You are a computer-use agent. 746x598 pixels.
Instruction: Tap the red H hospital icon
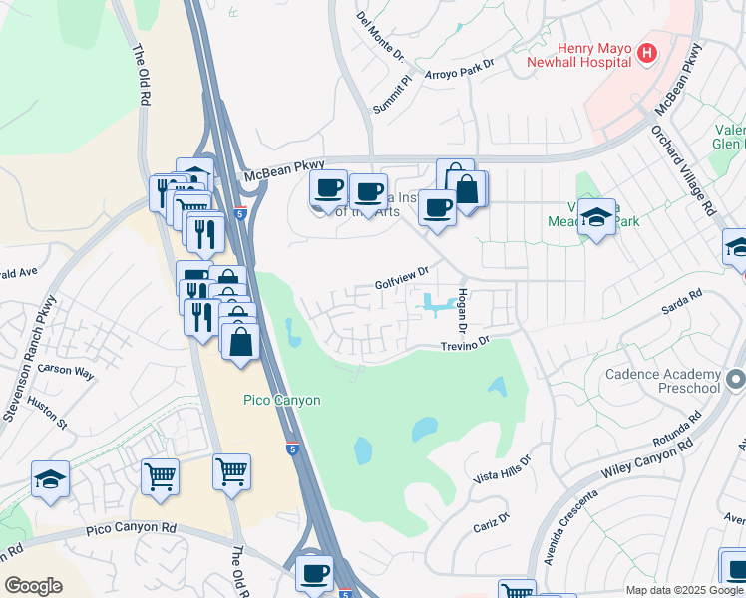point(647,52)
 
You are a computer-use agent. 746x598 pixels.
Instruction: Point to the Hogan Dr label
point(462,311)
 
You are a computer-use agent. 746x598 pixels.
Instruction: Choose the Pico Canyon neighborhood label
point(282,400)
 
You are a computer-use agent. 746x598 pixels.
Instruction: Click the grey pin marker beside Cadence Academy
point(736,379)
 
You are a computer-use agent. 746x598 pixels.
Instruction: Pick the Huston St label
point(47,416)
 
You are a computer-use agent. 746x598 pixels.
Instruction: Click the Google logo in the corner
point(33,586)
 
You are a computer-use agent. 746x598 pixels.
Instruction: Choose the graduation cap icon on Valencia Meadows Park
point(596,217)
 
